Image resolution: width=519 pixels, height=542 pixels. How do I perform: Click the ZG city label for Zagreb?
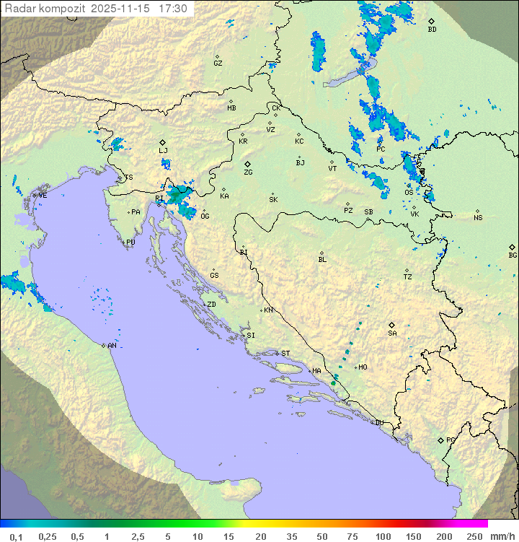[248, 172]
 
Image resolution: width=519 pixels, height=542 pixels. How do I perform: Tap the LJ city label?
[163, 150]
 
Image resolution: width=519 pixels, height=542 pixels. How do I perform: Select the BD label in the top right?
[432, 30]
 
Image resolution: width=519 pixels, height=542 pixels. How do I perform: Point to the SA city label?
[392, 333]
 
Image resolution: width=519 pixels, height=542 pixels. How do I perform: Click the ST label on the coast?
[285, 353]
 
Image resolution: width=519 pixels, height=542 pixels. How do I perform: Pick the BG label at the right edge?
[513, 255]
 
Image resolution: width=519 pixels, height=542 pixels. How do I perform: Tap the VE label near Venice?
[43, 195]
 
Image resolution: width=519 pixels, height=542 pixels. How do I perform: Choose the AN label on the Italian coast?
[112, 346]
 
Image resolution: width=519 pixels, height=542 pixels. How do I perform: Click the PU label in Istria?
[130, 242]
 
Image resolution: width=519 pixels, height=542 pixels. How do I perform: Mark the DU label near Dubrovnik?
[378, 423]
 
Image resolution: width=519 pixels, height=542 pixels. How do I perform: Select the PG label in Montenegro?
[451, 440]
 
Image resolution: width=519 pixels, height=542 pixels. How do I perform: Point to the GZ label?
[218, 64]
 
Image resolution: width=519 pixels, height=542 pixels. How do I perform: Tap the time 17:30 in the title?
[174, 9]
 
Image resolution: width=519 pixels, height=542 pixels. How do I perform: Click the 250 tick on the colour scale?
[474, 536]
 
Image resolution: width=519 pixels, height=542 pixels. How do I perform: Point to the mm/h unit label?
[502, 536]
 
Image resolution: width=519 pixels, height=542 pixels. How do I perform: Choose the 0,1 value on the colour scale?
[16, 536]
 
